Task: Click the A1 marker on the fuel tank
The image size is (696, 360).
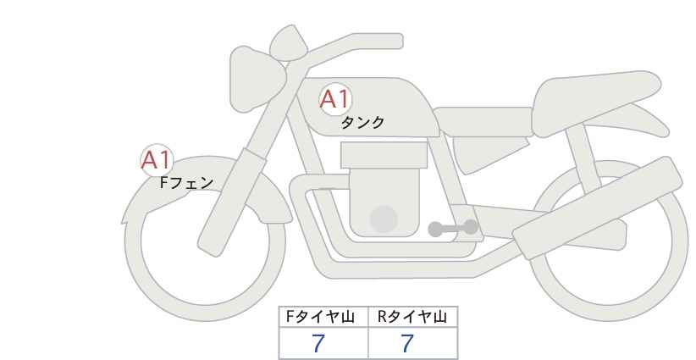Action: click(x=335, y=99)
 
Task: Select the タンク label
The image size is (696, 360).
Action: click(x=362, y=123)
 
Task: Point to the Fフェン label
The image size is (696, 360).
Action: click(x=186, y=183)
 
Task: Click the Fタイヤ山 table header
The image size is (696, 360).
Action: click(x=320, y=317)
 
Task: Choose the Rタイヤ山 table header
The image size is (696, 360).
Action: click(x=412, y=317)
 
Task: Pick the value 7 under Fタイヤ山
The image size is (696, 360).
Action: click(x=318, y=344)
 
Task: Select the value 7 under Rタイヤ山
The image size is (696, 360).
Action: click(x=407, y=344)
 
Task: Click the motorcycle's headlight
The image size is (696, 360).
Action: click(x=256, y=79)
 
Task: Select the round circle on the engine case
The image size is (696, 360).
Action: click(x=384, y=219)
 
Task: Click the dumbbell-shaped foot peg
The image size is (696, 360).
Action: click(x=453, y=228)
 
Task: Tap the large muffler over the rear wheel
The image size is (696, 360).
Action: click(x=597, y=208)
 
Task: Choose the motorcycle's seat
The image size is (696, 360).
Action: click(x=483, y=121)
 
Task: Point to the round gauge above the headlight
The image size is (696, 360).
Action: click(x=289, y=43)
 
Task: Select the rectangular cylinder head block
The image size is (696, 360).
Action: click(x=384, y=155)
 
